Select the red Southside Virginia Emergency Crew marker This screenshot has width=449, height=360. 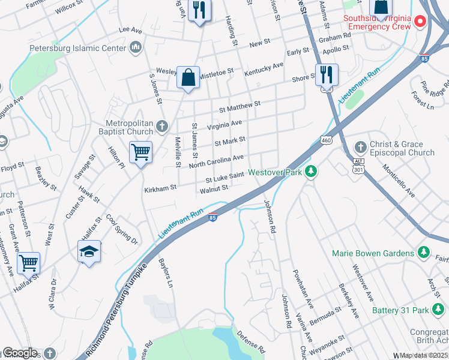tap(420, 22)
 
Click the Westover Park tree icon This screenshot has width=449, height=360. tap(310, 172)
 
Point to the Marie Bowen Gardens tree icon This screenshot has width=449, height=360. tap(423, 253)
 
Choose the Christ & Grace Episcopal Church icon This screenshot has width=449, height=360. tap(360, 147)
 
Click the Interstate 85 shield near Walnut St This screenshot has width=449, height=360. tap(212, 218)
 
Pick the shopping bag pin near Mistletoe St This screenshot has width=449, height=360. tap(188, 77)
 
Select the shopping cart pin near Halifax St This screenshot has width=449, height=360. tap(28, 262)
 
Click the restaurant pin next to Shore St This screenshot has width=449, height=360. tap(326, 75)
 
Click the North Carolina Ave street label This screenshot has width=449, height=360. tap(216, 161)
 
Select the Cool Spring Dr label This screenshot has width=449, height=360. tap(122, 228)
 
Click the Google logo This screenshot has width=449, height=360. tap(19, 353)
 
